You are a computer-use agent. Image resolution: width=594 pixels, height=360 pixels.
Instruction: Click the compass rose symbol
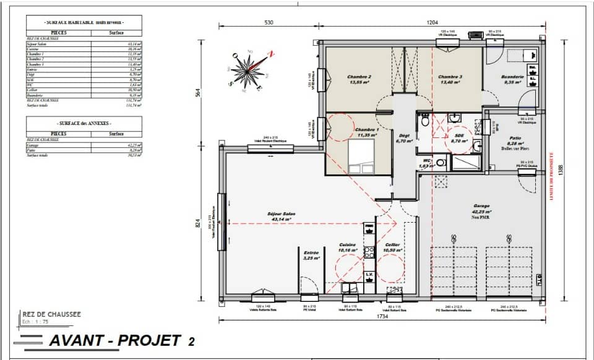click(250, 69)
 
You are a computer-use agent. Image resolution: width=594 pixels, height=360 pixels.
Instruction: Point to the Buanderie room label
click(514, 79)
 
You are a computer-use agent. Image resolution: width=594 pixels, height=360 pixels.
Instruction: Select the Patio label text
click(514, 139)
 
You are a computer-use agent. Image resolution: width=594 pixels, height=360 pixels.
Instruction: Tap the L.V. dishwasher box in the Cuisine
click(368, 273)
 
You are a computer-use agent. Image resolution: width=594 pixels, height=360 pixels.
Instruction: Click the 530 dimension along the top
click(269, 22)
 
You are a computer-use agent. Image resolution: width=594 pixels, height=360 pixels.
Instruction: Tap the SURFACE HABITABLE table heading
click(84, 22)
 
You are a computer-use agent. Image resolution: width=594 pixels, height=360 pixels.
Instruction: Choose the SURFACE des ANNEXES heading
click(84, 124)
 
